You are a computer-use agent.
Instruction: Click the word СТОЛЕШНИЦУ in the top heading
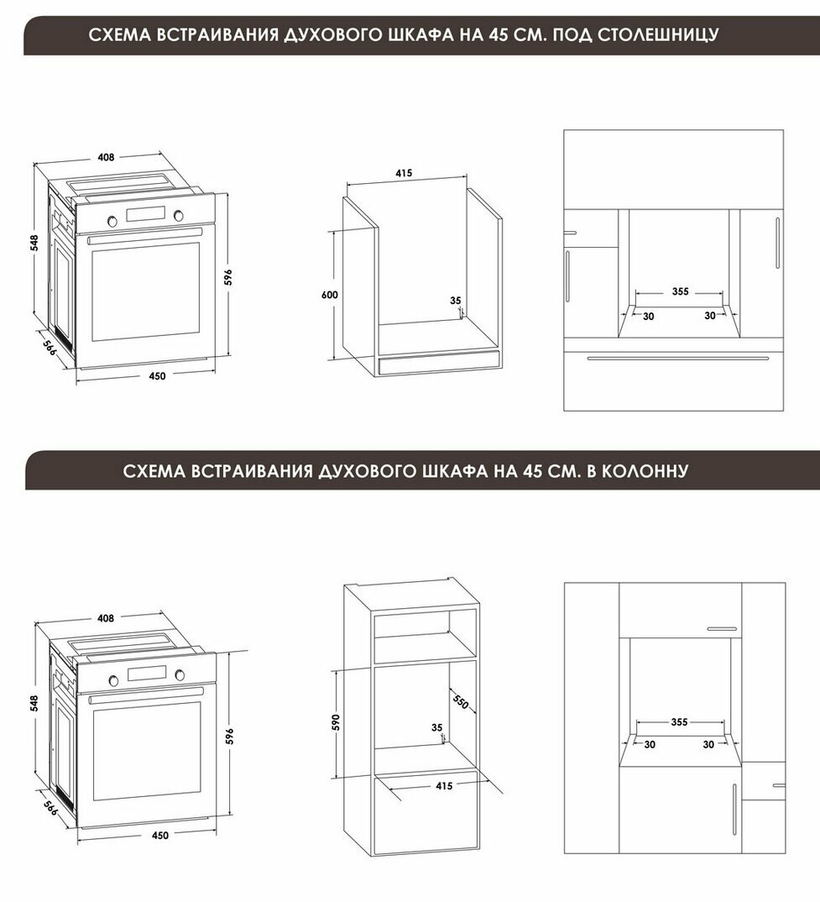(657, 34)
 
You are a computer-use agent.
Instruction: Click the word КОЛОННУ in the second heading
(644, 471)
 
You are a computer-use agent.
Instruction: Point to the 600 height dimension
(330, 295)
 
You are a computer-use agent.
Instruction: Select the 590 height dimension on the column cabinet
(336, 722)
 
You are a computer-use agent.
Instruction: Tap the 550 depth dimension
(461, 702)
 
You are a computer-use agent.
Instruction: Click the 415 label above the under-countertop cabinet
(404, 172)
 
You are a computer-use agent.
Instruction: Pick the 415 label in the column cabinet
(444, 786)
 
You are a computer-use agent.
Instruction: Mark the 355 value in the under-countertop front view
(681, 291)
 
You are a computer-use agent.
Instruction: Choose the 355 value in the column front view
(679, 722)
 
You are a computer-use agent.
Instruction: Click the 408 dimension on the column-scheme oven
(106, 618)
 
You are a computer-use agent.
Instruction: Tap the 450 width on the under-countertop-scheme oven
(157, 376)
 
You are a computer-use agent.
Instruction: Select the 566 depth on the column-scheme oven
(50, 808)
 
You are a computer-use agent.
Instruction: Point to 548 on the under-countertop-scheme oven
(34, 243)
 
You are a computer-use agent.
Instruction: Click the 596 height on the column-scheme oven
(229, 736)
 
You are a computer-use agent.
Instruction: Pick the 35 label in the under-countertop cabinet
(456, 301)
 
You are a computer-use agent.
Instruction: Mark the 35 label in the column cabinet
(437, 727)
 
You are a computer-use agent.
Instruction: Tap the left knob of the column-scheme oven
(114, 680)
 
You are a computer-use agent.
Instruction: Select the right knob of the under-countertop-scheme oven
(179, 216)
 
